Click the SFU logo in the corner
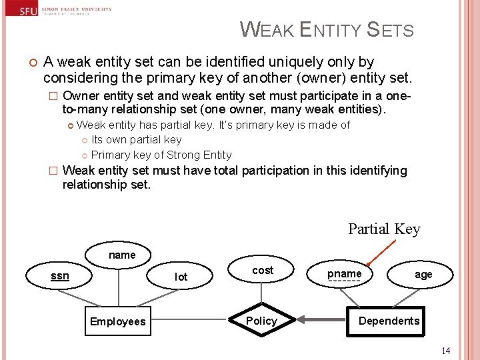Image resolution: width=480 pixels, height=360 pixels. pos(28,11)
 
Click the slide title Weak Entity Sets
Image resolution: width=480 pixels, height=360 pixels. pos(327,30)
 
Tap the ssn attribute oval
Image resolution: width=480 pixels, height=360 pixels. pos(60,275)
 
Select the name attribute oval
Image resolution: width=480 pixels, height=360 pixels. pos(122,255)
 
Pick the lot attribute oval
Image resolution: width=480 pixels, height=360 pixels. pos(181,277)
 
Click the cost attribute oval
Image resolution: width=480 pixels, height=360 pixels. pos(263,270)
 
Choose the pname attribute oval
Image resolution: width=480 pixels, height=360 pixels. pos(344,274)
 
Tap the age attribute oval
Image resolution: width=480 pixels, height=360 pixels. pos(423,275)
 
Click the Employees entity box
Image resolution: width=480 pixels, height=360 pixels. pos(117,321)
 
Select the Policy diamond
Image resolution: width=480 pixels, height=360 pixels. pos(261,321)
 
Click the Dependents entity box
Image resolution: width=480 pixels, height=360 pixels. pos(389,321)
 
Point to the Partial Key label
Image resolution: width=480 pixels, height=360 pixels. pos(384,229)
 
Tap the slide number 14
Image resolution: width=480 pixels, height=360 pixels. pos(445,350)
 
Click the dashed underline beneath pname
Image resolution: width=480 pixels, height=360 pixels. pos(344,282)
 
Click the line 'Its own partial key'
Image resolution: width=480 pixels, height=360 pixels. pos(136,140)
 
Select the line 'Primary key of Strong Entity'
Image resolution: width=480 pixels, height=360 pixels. pos(161,155)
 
